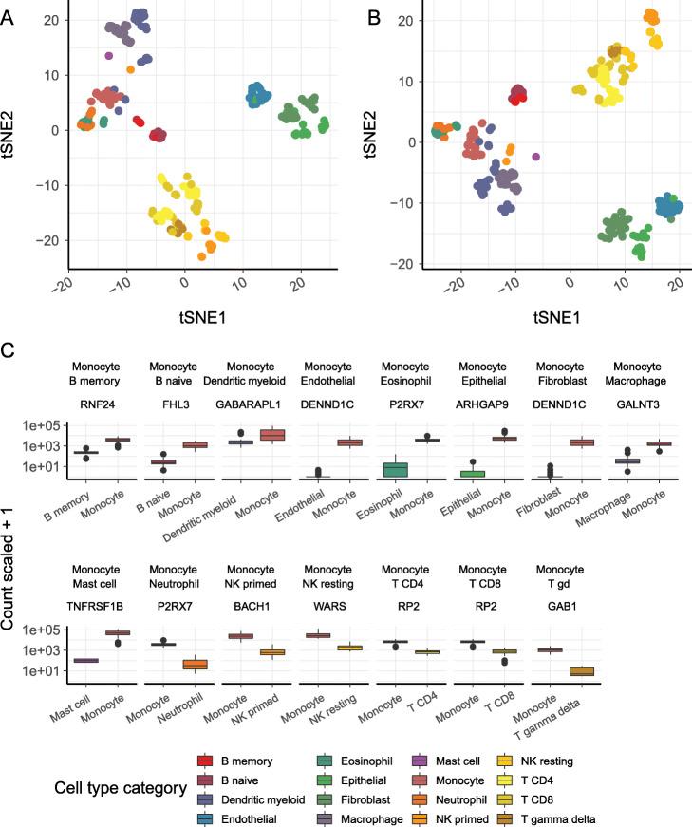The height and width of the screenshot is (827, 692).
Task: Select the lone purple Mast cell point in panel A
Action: [109, 56]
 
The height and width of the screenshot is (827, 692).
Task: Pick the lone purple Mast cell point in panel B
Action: [536, 156]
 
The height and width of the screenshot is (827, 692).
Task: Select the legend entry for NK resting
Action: [603, 749]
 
